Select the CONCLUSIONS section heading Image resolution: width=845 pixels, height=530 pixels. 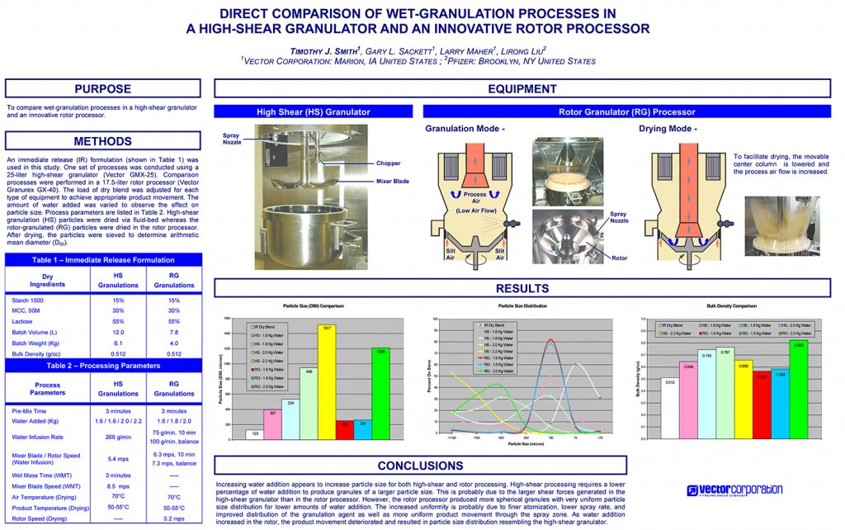point(523,466)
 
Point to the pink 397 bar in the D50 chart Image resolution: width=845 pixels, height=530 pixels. point(273,425)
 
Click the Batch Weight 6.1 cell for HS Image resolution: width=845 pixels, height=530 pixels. point(117,342)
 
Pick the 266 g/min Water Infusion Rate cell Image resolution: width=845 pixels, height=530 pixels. point(118,437)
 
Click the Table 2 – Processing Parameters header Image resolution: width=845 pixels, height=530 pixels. point(103,364)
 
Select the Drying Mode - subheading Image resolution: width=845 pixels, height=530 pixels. point(668,130)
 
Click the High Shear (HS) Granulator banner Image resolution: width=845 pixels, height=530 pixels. point(313,111)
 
